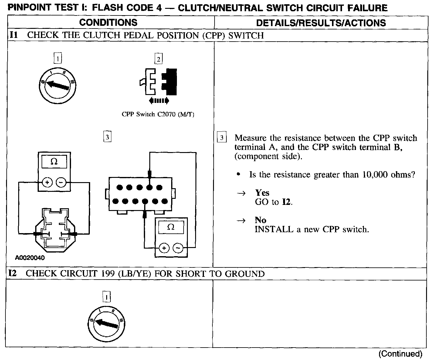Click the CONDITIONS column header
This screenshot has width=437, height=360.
tap(108, 22)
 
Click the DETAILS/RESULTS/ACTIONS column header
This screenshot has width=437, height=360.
tap(321, 23)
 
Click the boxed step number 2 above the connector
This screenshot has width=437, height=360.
tap(158, 59)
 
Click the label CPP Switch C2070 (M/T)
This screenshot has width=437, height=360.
tap(158, 114)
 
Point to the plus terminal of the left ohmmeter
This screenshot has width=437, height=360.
tap(47, 182)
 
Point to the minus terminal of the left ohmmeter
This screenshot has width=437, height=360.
tap(61, 182)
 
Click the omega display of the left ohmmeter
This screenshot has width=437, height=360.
tap(54, 162)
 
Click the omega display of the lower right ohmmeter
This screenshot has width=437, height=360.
tap(171, 227)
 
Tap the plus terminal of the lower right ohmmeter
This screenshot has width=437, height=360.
tap(164, 248)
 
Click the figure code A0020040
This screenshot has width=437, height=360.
tap(30, 258)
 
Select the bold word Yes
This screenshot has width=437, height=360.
tap(262, 193)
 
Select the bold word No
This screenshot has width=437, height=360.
tap(260, 220)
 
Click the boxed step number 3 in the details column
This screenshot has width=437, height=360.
tap(222, 138)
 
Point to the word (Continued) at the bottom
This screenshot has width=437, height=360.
tap(400, 354)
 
